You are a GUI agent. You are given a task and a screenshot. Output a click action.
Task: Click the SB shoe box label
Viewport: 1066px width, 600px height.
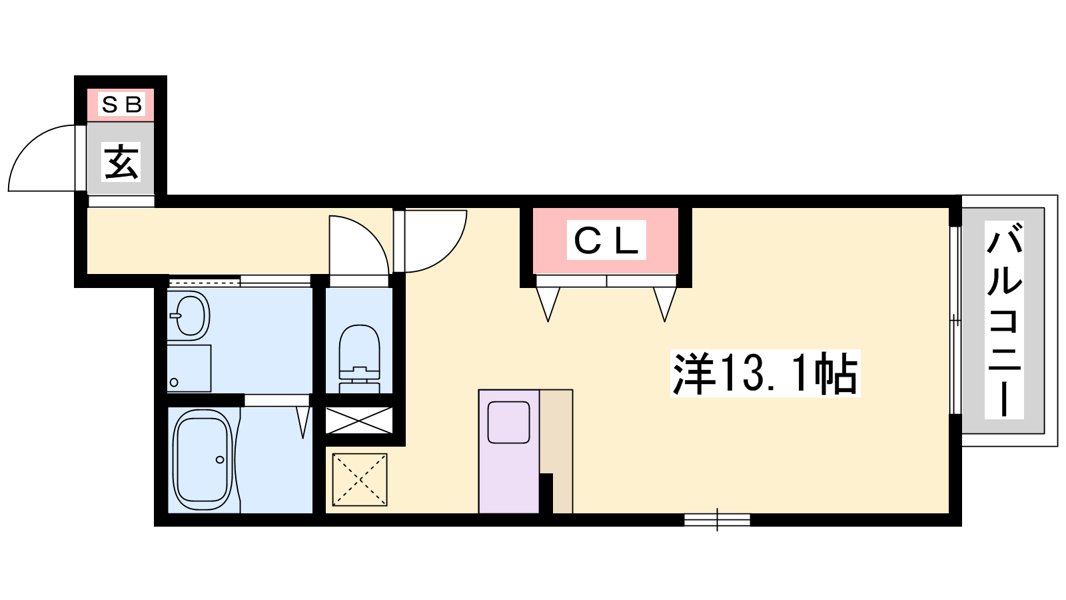tap(121, 105)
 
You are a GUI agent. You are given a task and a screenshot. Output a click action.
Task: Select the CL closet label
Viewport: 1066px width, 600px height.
tap(606, 240)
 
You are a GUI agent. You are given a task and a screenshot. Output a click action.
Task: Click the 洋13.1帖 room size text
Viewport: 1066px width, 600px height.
tap(765, 373)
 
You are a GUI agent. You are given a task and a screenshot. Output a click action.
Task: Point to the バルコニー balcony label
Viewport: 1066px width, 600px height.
tap(1004, 319)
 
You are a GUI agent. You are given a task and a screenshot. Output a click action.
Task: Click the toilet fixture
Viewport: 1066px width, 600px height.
tap(359, 359)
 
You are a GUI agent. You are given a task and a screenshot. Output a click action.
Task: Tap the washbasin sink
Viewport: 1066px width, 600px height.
tap(189, 315)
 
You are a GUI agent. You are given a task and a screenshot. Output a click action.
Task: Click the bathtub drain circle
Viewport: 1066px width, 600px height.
tap(219, 459)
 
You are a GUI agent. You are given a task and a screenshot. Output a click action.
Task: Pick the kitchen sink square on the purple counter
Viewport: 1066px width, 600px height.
tap(509, 423)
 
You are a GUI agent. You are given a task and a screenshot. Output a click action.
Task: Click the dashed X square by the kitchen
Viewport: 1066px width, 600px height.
tap(360, 479)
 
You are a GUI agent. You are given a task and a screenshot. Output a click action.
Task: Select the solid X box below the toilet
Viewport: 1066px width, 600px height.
tap(359, 421)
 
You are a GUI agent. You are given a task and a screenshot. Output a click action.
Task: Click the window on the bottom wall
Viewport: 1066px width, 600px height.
tap(717, 519)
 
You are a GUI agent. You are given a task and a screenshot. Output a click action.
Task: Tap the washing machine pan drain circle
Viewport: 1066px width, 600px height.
tap(174, 382)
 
